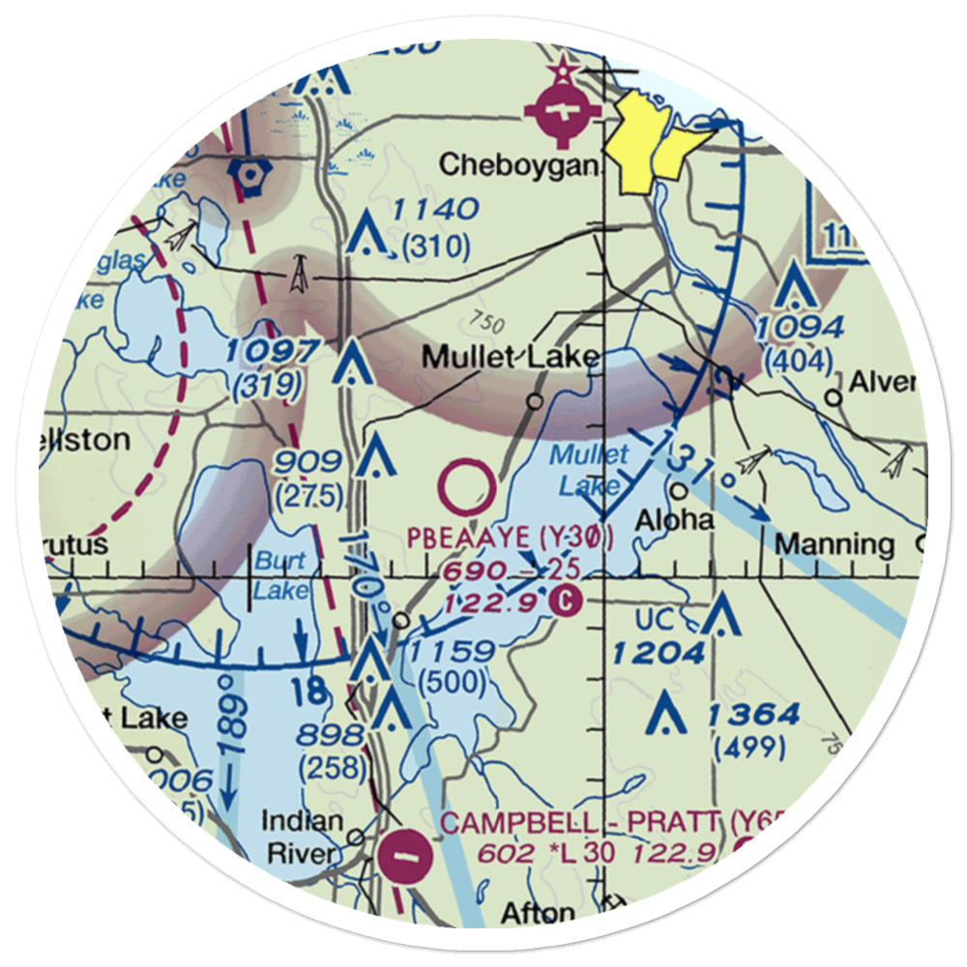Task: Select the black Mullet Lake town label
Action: pos(510,359)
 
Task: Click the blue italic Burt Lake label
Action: pos(279,574)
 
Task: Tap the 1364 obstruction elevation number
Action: pos(752,716)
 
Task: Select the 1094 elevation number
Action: pos(800,327)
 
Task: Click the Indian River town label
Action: pos(302,837)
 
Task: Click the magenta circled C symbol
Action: pos(566,602)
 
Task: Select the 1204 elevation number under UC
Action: pos(658,654)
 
